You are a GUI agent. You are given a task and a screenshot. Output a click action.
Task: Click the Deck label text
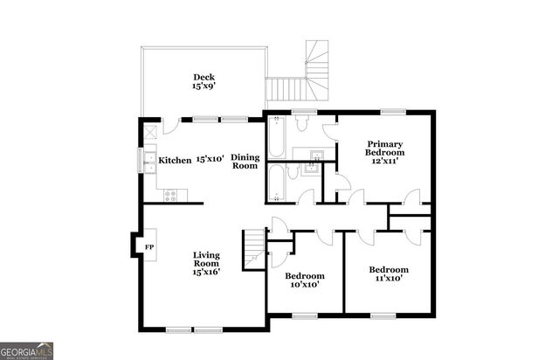204,77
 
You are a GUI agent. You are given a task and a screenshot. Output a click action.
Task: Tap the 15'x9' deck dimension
204,87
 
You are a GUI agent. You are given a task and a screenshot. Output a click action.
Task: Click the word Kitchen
175,160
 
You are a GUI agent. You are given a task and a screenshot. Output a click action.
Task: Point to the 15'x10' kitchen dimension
210,160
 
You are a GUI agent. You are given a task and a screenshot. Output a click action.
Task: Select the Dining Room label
245,161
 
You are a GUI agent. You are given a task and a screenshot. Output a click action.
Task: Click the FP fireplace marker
149,246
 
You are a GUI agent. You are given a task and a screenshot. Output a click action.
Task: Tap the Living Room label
206,259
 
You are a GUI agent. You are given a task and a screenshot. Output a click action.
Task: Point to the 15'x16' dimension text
206,272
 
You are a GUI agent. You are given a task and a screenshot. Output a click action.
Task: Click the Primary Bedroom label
384,149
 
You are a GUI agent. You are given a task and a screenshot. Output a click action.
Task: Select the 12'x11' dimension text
384,162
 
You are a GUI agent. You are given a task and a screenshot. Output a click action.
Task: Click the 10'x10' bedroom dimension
305,284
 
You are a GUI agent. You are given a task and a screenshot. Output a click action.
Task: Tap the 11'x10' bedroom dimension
388,279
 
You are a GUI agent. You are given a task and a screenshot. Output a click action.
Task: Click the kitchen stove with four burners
168,195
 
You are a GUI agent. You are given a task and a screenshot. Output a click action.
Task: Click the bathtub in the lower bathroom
276,183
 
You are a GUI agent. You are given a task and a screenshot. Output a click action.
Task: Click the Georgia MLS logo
26,350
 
